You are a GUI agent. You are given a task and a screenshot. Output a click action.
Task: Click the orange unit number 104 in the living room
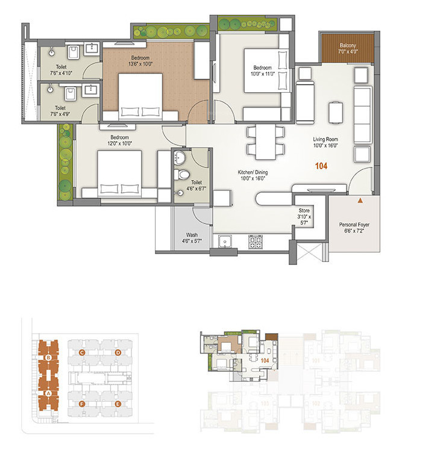pos(321,166)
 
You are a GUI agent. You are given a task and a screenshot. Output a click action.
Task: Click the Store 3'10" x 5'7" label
pos(303,217)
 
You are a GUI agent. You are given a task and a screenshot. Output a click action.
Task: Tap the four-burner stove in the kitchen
pos(255,242)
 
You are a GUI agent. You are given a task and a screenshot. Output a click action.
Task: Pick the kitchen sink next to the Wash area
pos(227,242)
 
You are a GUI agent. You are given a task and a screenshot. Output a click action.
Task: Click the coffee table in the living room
pos(336,111)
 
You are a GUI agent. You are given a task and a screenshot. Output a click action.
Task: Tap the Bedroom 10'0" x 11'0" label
pos(262,70)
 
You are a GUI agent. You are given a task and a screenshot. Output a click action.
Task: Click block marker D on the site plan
pos(118,352)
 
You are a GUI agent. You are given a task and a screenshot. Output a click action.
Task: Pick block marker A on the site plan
pos(48,393)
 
